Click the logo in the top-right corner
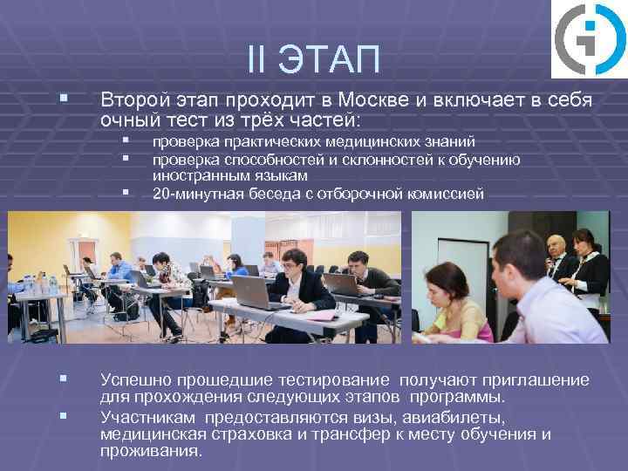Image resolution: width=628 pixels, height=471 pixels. (589, 39)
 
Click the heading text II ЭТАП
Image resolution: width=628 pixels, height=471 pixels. (313, 60)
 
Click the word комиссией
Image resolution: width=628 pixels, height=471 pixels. (446, 194)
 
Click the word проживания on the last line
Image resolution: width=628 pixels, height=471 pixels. (149, 452)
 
